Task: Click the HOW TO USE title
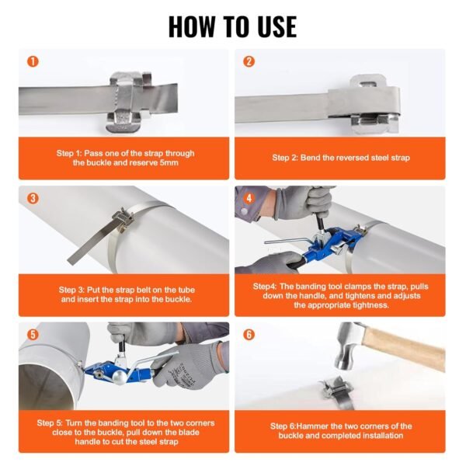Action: click(232, 26)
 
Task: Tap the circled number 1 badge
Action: click(32, 61)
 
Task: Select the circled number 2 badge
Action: click(249, 61)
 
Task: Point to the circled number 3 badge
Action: click(32, 198)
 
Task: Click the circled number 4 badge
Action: click(249, 198)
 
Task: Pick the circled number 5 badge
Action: click(32, 335)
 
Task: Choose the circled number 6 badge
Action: click(249, 335)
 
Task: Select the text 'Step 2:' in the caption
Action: click(288, 158)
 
